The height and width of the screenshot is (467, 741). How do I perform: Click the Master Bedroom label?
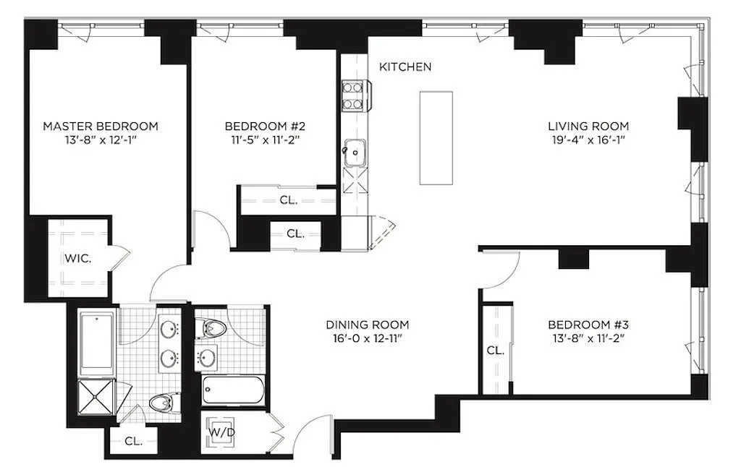[x=100, y=126]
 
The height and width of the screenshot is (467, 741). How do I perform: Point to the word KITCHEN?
[x=405, y=67]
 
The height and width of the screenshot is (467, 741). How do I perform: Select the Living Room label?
[x=588, y=126]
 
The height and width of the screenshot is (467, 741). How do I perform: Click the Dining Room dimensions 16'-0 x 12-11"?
[x=367, y=338]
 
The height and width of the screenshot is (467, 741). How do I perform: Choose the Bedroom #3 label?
[x=588, y=325]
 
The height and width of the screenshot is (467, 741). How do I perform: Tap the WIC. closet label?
[x=78, y=259]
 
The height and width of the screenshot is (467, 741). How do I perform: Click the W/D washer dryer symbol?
[x=221, y=432]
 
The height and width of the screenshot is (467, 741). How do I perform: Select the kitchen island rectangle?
[x=436, y=138]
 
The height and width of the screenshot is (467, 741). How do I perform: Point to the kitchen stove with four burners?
[x=353, y=95]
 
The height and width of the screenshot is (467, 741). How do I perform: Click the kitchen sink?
[x=354, y=153]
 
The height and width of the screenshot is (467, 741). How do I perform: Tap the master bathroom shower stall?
[x=96, y=397]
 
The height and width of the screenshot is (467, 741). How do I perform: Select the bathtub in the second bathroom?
[x=232, y=390]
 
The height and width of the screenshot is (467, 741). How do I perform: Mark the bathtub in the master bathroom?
[x=96, y=343]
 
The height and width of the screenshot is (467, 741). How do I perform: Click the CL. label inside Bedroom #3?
[x=496, y=351]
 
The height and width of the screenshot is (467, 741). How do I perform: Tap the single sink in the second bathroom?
[x=206, y=357]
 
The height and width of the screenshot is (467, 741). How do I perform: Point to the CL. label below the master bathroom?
[x=133, y=442]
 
